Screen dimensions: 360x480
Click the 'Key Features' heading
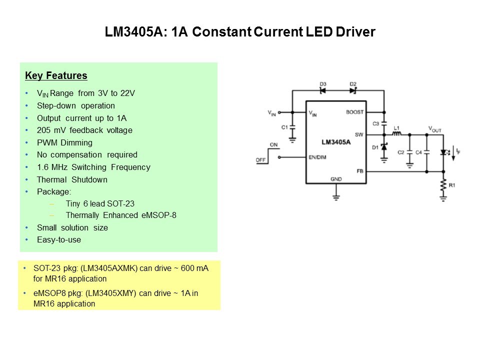click(x=56, y=76)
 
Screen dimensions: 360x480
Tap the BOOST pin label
click(x=354, y=112)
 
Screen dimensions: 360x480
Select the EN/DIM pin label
click(x=318, y=157)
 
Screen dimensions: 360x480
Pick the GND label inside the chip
click(x=336, y=178)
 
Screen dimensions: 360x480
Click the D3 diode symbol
click(x=322, y=90)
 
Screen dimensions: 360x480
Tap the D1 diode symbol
click(x=384, y=147)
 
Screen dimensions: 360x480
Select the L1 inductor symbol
click(x=396, y=134)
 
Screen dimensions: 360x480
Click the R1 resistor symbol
click(x=443, y=185)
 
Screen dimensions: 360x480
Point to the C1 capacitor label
click(x=284, y=127)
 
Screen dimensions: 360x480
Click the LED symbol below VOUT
click(x=443, y=151)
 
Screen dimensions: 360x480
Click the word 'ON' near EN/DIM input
click(x=273, y=144)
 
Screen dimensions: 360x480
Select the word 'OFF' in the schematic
click(x=260, y=160)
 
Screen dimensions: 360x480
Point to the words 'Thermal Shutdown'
click(x=72, y=179)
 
